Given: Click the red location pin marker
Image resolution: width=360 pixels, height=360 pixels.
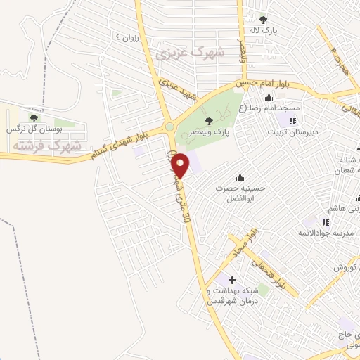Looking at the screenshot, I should click(x=181, y=165).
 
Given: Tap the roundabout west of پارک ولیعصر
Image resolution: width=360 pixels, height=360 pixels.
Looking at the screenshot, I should click(x=169, y=127).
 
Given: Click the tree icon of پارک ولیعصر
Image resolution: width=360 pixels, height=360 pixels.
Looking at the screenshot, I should click(x=208, y=121).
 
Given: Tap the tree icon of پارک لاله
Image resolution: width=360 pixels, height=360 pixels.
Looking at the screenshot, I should click(x=264, y=20).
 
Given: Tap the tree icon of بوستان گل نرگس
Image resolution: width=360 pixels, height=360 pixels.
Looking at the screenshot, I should click(x=34, y=118).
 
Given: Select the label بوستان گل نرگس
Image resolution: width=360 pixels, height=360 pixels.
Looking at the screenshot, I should click(x=35, y=129).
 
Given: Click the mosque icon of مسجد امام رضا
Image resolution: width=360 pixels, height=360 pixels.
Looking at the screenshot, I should click(x=268, y=97).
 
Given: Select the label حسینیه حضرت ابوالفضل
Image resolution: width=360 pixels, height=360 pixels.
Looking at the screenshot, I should click(x=241, y=193).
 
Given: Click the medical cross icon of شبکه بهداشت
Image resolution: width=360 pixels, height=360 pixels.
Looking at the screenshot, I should click(x=233, y=281).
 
